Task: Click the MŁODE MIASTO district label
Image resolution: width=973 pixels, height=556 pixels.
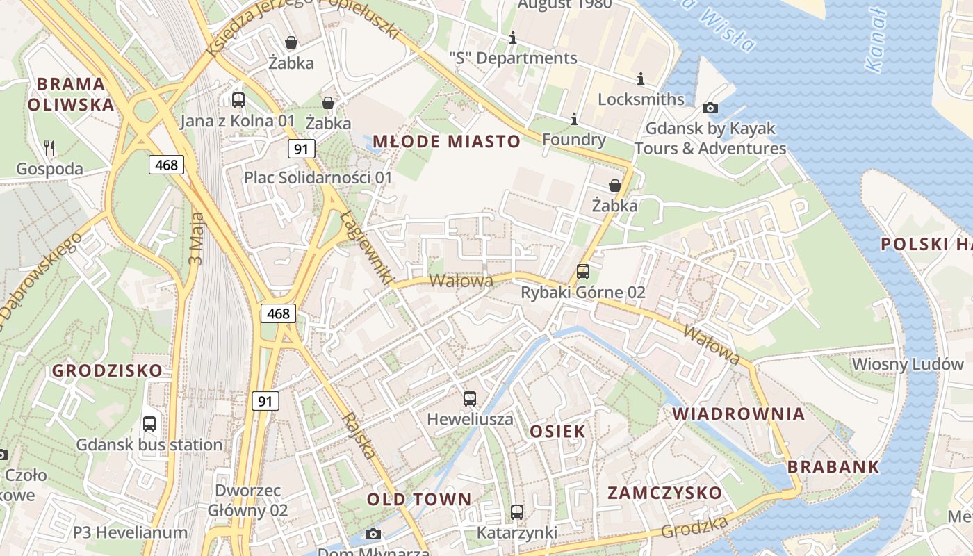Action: click(x=446, y=142)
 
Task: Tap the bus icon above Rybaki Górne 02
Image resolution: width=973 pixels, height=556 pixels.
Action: click(x=582, y=272)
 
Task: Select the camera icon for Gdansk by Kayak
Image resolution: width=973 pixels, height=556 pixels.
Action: click(x=710, y=108)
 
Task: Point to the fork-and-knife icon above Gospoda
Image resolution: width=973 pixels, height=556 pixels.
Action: click(x=49, y=147)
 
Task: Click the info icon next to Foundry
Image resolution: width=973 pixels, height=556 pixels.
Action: click(x=573, y=120)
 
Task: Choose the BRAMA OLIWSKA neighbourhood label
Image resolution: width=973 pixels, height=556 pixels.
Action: click(x=70, y=95)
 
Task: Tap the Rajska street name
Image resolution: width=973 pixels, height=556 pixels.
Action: click(x=359, y=436)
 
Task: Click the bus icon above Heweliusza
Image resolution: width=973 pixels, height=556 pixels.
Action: click(x=470, y=399)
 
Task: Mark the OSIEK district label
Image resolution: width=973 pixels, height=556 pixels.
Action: click(x=557, y=432)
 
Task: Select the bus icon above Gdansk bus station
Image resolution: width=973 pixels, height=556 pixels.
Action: click(x=149, y=424)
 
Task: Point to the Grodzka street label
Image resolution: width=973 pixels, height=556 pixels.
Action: click(x=694, y=526)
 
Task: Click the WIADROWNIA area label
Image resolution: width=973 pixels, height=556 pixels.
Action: click(x=738, y=414)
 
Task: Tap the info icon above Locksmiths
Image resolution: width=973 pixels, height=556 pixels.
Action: click(x=640, y=79)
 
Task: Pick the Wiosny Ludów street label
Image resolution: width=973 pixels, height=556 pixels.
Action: click(x=908, y=364)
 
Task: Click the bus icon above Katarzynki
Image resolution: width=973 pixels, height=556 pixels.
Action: click(x=516, y=512)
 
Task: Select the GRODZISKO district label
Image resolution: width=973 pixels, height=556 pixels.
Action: click(x=107, y=370)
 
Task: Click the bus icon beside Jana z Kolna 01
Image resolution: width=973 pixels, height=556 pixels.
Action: click(x=238, y=99)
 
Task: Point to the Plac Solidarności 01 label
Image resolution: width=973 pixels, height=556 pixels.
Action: click(x=318, y=178)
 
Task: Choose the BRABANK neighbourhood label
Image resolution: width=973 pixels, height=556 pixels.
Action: click(x=834, y=466)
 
